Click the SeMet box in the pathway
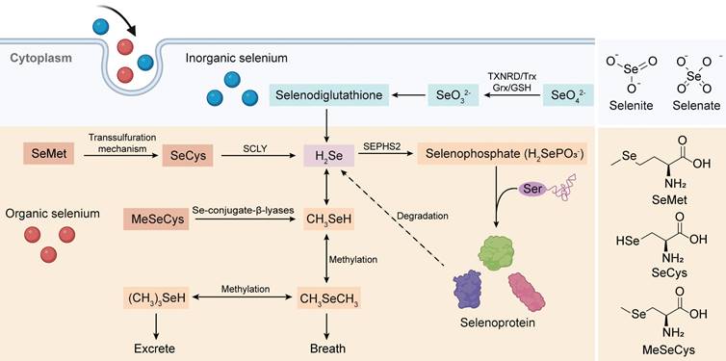coord(46,154)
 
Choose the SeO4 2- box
coord(568,95)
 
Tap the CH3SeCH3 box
coord(328,299)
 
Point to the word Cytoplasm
coord(41,58)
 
